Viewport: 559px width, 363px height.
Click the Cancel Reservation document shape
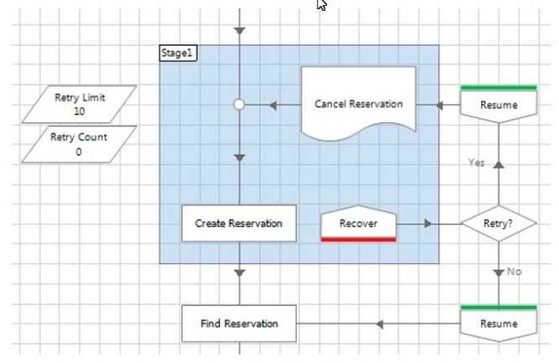click(359, 105)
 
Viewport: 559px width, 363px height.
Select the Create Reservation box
click(239, 224)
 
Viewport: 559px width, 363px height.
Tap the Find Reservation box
click(239, 324)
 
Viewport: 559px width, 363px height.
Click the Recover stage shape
click(358, 224)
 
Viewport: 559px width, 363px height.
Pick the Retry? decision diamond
click(499, 224)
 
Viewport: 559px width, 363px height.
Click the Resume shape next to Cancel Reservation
click(499, 105)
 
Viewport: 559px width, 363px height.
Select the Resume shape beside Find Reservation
click(499, 324)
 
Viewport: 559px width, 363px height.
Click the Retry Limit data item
click(80, 104)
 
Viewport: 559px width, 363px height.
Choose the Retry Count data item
click(79, 144)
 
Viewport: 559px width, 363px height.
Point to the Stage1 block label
click(178, 53)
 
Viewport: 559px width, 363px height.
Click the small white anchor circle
click(239, 105)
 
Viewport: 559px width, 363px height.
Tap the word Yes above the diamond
click(476, 163)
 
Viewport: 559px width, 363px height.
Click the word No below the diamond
click(515, 272)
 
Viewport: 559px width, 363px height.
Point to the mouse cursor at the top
click(321, 5)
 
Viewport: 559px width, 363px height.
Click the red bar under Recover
click(358, 240)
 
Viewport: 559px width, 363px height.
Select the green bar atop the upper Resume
click(499, 87)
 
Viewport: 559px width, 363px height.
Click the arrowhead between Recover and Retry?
click(428, 224)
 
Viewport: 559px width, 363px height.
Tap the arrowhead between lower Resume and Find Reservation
click(379, 324)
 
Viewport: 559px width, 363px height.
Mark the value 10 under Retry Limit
click(79, 111)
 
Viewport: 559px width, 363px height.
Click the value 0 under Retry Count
click(79, 152)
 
